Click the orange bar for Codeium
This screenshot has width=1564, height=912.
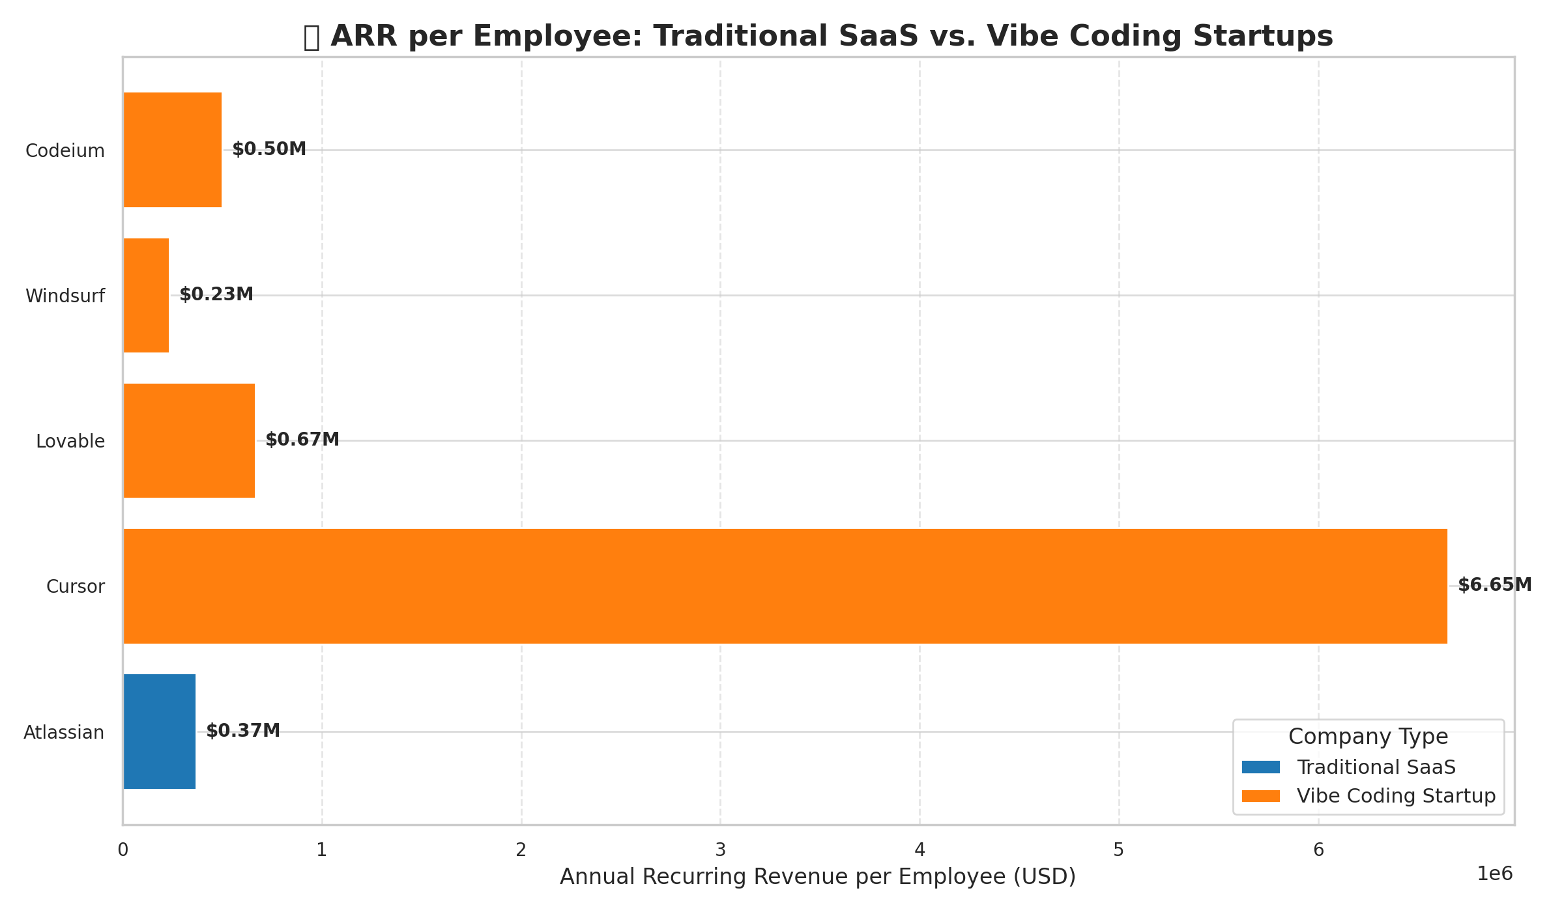(173, 150)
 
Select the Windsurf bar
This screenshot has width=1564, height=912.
(147, 295)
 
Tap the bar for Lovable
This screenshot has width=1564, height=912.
(189, 440)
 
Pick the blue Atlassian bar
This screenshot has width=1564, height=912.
(160, 732)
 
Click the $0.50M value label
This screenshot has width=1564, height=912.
(269, 149)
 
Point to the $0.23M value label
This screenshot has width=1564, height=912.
(216, 294)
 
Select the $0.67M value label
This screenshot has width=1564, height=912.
(302, 440)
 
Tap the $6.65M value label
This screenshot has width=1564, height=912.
(1495, 585)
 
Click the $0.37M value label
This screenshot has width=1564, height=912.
(243, 731)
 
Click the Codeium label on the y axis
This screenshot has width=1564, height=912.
(65, 151)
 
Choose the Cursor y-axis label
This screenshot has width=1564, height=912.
(76, 587)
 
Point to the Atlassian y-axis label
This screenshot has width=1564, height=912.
(64, 733)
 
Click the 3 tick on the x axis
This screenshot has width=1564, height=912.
(720, 850)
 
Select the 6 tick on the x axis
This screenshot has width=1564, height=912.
(1318, 850)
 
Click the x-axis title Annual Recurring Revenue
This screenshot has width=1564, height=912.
(818, 877)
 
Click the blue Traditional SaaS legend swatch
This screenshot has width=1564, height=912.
(1261, 767)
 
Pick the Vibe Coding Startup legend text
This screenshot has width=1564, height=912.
(1396, 796)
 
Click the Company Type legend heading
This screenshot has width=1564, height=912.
(1368, 737)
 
